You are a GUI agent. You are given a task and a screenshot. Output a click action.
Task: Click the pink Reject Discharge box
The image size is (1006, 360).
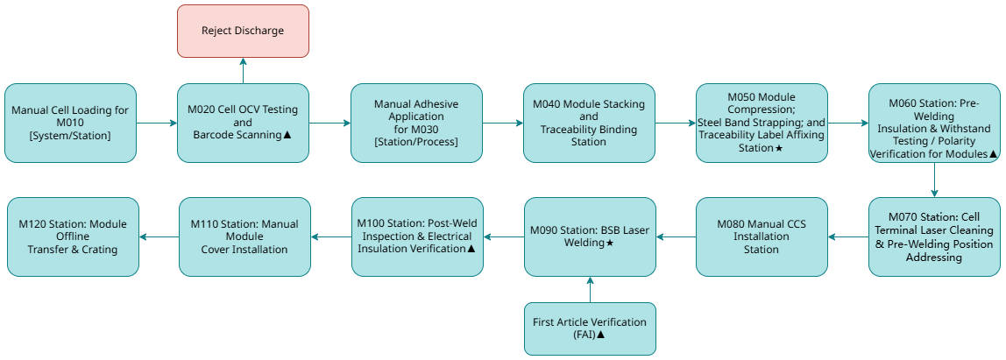tap(243, 31)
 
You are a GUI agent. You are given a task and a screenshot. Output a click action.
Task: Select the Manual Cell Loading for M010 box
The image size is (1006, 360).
tap(70, 123)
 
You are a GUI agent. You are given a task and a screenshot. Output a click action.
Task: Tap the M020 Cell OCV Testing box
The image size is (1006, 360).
tap(243, 123)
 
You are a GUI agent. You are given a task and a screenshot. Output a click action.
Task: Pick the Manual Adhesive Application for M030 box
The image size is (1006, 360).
tap(416, 123)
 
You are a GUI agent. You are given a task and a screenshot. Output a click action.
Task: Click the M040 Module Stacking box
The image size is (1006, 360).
tap(589, 123)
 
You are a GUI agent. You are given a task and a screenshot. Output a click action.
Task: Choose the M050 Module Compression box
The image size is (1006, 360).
tap(762, 123)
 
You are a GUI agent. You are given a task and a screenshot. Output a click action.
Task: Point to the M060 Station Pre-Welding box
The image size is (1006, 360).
tap(934, 123)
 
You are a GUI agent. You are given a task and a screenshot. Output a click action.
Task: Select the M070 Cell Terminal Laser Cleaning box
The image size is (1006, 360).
tap(934, 236)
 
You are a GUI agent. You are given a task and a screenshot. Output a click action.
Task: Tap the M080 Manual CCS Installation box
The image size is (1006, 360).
tap(762, 236)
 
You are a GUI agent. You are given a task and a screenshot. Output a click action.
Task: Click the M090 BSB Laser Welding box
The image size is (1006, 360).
tap(589, 236)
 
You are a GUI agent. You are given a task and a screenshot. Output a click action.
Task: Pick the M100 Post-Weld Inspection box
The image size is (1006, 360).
tap(416, 236)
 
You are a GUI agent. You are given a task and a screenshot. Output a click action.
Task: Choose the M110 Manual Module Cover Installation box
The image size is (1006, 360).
tap(244, 236)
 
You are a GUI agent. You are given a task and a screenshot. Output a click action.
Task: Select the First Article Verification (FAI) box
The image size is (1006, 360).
tap(589, 328)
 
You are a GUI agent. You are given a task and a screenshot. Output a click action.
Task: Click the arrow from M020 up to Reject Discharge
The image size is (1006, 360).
tap(243, 71)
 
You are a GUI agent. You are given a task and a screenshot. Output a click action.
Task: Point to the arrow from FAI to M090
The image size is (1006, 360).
tap(589, 289)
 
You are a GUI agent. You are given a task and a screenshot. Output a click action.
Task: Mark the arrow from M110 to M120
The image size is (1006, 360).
tap(159, 236)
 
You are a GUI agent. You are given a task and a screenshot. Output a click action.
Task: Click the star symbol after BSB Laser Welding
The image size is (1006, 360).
tap(610, 243)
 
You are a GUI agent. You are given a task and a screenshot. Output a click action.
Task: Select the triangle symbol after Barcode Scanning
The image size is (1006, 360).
tap(287, 135)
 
